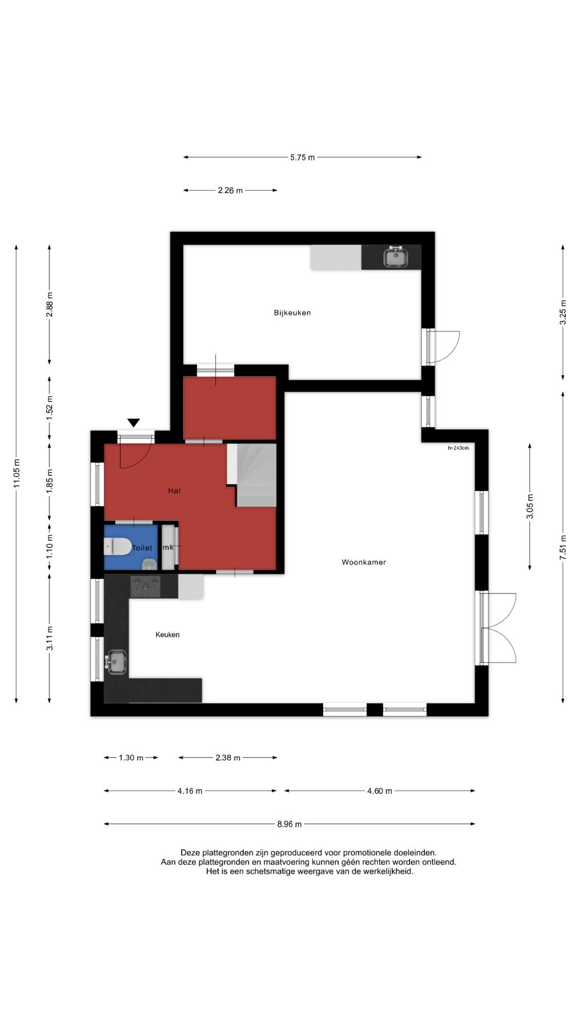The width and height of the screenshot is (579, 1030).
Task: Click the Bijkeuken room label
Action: point(292,313)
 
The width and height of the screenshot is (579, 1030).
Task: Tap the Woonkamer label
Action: point(364,562)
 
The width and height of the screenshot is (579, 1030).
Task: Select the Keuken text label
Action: point(167,635)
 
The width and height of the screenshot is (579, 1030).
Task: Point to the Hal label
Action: point(174,490)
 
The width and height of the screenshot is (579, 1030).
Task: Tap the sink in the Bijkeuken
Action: point(396,257)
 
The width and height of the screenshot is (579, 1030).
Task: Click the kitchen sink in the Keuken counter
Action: point(116,662)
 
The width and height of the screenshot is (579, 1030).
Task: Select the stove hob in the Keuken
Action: point(146,586)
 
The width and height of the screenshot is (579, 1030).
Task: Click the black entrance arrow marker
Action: point(133,423)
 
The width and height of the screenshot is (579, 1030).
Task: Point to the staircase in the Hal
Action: point(252,475)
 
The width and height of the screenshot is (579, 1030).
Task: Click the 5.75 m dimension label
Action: point(302,158)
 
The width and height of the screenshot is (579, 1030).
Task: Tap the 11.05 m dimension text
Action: point(17,474)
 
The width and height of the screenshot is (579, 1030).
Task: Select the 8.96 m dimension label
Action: point(289,824)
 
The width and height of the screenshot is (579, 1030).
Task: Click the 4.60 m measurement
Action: point(380,791)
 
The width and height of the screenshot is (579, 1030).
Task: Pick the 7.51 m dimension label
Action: point(563,547)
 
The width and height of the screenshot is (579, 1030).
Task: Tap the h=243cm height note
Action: point(458,448)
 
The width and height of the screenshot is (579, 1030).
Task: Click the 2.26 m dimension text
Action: point(230,190)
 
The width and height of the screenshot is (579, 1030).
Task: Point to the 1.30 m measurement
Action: point(131,758)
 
